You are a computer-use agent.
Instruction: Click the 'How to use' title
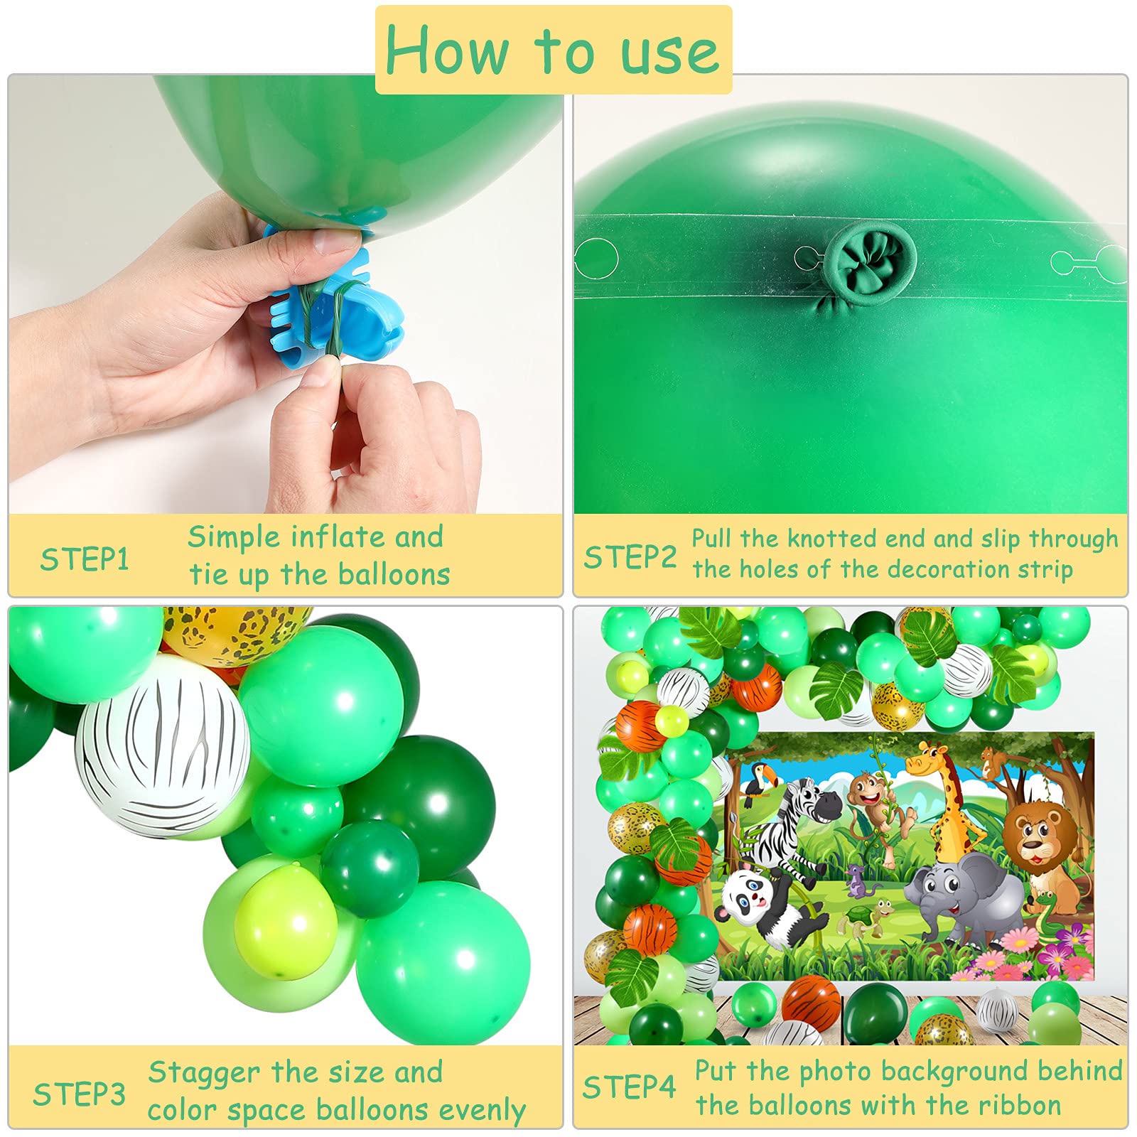point(553,50)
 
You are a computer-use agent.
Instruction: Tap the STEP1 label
point(85,559)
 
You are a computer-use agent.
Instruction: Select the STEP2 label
point(630,557)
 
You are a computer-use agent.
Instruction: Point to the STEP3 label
point(79,1094)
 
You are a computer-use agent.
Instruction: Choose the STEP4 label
point(629,1087)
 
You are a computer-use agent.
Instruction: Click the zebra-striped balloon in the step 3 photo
point(163,746)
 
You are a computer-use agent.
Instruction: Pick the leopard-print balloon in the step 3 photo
point(235,632)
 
